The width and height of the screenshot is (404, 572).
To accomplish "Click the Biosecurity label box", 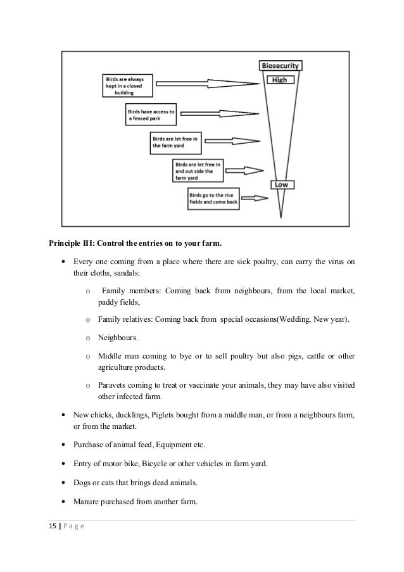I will [x=282, y=65].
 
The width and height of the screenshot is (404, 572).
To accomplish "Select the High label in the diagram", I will [x=281, y=80].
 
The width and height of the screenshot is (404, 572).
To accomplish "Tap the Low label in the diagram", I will [x=281, y=184].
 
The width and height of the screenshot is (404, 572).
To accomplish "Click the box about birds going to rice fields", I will [x=214, y=200].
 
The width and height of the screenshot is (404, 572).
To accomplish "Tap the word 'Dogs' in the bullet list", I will [x=82, y=482].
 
